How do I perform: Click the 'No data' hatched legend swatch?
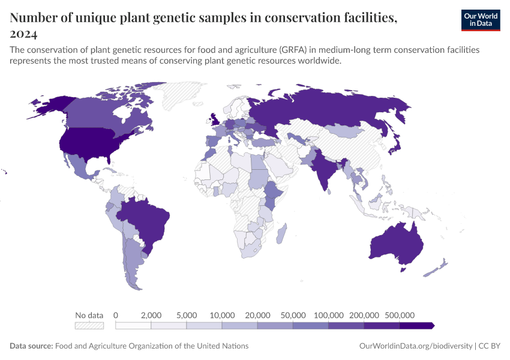[x=89, y=325]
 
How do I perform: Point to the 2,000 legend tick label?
[x=151, y=315]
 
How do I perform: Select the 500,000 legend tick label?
[x=400, y=315]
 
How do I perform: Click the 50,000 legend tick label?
[x=293, y=315]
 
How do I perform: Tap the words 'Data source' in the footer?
[x=31, y=346]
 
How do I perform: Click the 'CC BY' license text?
[x=490, y=346]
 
